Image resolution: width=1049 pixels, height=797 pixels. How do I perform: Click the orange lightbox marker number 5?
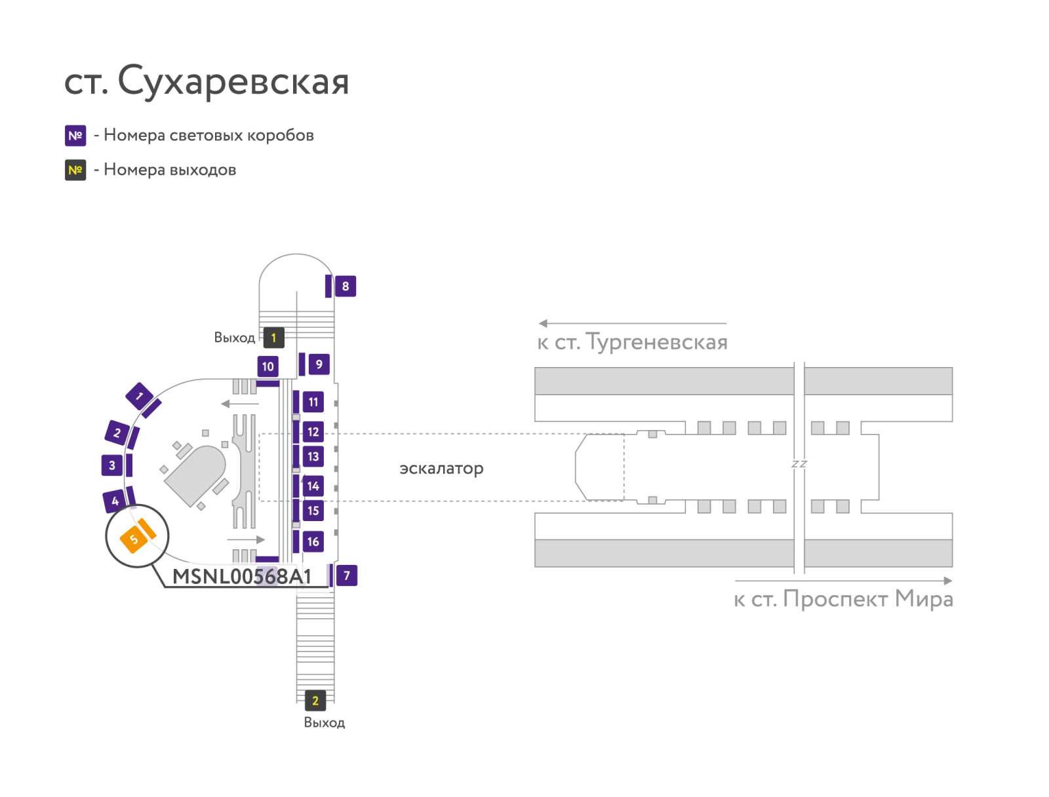coord(134,539)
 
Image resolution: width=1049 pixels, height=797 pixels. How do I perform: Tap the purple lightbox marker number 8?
coord(345,286)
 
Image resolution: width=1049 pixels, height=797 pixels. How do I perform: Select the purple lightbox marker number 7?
coord(346,575)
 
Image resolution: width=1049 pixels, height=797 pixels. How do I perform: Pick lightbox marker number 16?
coord(313,541)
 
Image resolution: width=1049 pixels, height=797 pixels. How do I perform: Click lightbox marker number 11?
coord(313,402)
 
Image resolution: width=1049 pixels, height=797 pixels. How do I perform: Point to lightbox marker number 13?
coord(313,457)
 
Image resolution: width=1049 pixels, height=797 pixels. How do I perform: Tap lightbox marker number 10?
coord(267,366)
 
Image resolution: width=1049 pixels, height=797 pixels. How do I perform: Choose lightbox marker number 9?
coord(319,364)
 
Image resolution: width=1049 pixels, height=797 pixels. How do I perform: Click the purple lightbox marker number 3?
coord(112,465)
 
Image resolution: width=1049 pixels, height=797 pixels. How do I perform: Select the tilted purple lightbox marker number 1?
coord(139,396)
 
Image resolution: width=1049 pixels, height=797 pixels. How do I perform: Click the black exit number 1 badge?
coord(274,338)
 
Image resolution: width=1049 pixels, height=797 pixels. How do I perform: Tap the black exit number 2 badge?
coord(315,701)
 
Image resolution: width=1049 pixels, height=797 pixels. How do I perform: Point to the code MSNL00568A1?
coord(241,576)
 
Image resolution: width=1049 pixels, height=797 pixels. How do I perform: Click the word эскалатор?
coord(441,468)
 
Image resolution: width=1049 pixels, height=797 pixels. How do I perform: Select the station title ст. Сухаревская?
coord(207,81)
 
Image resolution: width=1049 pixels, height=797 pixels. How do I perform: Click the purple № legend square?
coord(75,136)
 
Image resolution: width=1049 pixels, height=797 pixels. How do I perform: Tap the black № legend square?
coord(75,170)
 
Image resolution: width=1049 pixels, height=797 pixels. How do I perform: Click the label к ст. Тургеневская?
coord(632,342)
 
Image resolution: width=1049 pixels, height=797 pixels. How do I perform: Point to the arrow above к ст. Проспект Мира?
coord(844,581)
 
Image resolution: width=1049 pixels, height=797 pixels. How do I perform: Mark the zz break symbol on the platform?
coord(799,463)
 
